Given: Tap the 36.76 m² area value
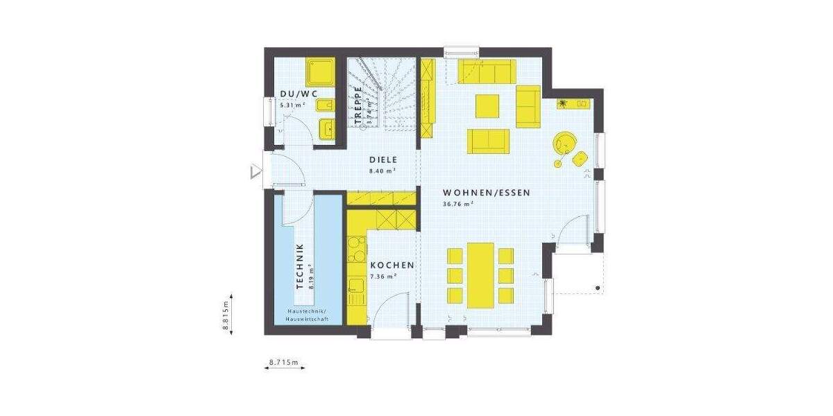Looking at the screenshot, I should (457, 204).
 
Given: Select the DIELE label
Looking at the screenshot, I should (382, 159).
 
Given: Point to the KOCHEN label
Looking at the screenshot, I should (392, 266).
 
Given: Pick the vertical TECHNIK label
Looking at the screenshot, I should (300, 266).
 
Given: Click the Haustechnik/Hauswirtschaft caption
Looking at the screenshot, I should (305, 315).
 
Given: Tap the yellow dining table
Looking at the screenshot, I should (481, 275).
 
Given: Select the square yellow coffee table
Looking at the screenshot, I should (487, 106).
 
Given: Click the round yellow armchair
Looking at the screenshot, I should (564, 142).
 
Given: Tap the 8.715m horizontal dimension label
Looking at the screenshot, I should (283, 362).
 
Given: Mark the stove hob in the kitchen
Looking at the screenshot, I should (356, 248).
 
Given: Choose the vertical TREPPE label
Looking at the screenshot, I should (358, 108).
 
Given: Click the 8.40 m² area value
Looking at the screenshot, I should (382, 170).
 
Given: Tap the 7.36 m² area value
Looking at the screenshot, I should (383, 276).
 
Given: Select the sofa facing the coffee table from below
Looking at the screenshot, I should (488, 140).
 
